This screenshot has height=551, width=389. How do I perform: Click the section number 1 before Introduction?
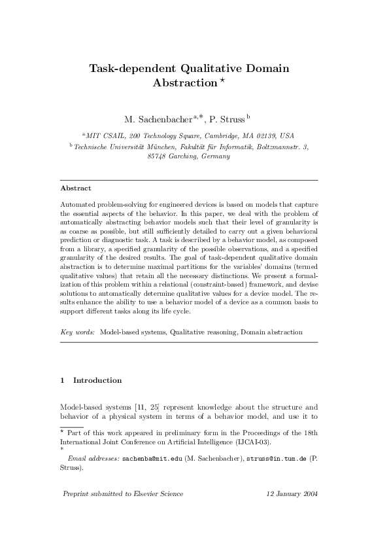[x=61, y=380]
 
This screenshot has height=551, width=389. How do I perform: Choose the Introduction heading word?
[x=97, y=380]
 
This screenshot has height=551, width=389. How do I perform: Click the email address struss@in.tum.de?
[x=275, y=461]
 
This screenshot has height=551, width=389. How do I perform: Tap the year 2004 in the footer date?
[x=309, y=493]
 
